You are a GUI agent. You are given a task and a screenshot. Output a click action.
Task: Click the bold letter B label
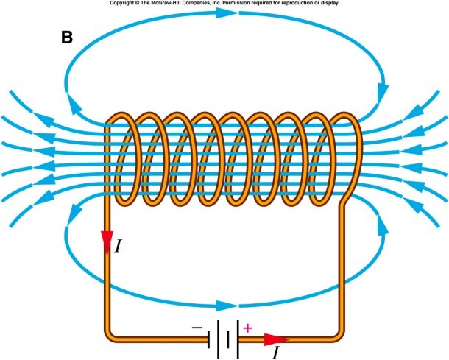(67, 38)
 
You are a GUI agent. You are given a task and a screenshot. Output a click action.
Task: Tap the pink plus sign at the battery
(248, 328)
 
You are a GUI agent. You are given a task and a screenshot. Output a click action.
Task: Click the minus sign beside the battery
(197, 327)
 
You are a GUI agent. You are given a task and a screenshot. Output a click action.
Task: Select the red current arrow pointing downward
(107, 243)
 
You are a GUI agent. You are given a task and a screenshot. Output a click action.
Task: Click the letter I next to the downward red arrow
(118, 246)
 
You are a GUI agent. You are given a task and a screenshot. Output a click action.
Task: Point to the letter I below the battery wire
(275, 352)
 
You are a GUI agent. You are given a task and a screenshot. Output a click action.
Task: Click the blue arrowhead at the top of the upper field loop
(227, 13)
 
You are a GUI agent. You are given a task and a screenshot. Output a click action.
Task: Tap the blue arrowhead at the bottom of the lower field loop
(227, 306)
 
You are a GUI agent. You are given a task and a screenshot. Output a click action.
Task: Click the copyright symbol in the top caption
(129, 3)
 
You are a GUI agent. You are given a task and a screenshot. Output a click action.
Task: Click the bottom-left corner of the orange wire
(108, 338)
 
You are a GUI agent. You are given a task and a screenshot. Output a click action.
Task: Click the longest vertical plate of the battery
(238, 339)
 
